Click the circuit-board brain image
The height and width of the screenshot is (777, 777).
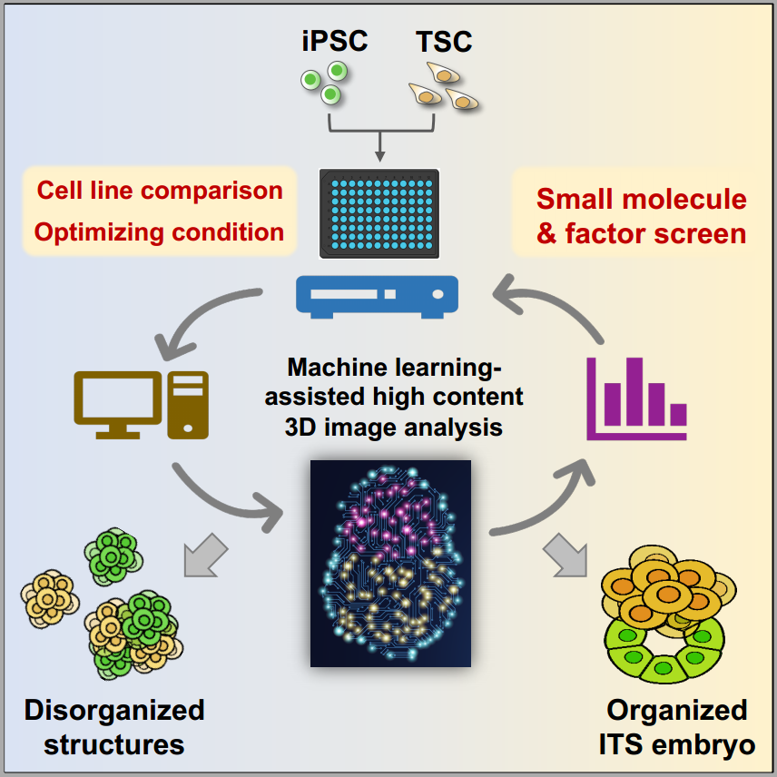[390, 563]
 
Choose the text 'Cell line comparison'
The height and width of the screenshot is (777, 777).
[160, 191]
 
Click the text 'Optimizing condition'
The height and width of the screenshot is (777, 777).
[160, 231]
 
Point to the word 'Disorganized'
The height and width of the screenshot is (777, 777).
[114, 709]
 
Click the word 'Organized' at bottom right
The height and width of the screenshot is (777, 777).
[677, 709]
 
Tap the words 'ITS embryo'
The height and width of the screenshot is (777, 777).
[676, 745]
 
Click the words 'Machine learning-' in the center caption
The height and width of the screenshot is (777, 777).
[394, 368]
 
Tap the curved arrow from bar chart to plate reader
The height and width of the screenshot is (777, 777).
[563, 309]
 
